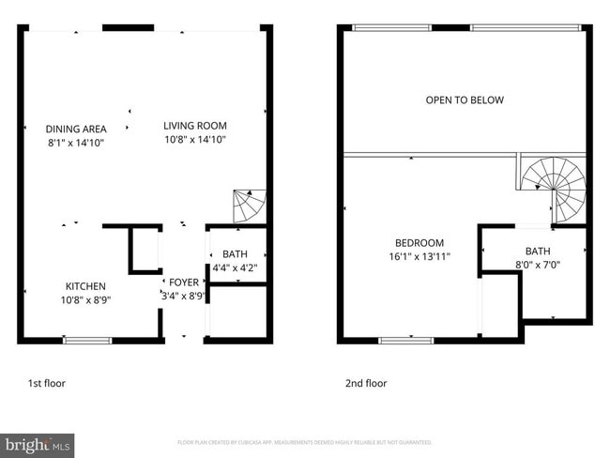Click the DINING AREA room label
[x=76, y=129]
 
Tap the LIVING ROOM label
[x=194, y=125]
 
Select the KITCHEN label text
[x=84, y=286]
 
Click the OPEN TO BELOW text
[x=465, y=100]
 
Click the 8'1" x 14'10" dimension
[x=76, y=143]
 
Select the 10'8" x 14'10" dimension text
[x=194, y=139]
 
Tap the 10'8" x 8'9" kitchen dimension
[x=84, y=300]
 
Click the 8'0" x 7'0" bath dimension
[x=537, y=266]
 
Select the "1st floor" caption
[x=47, y=383]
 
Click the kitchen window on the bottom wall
[x=86, y=339]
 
